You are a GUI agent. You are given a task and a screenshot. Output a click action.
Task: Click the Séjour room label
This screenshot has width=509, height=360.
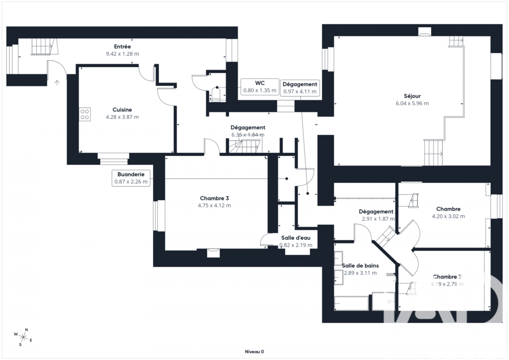coord(412,96)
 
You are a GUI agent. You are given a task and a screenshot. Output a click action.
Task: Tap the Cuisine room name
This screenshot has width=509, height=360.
coord(122,109)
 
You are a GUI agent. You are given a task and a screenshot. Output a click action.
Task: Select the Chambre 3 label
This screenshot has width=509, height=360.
coord(214,198)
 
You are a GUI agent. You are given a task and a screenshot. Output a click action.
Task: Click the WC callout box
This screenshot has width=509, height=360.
coord(260,87)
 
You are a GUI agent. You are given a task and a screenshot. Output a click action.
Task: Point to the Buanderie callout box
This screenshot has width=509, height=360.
coord(131,177)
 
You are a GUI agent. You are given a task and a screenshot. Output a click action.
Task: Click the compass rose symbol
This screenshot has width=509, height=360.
coord(23,336)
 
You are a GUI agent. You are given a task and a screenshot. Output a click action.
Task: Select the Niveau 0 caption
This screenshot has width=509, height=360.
coord(254,351)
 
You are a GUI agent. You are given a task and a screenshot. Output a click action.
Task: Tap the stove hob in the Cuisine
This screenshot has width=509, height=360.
coord(84,115)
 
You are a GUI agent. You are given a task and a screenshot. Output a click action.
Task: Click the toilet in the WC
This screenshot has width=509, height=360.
coord(217,94)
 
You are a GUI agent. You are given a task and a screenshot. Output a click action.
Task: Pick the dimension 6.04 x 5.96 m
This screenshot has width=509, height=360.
coord(412,103)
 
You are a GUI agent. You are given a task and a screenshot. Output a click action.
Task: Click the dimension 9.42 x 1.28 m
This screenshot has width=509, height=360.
coord(122,53)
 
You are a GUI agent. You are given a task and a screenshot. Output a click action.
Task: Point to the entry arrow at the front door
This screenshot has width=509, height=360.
coord(57,81)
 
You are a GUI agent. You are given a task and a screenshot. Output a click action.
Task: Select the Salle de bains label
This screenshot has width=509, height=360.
coord(360,265)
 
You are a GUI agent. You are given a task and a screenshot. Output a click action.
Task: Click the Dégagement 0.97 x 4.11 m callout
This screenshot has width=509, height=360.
coord(300,88)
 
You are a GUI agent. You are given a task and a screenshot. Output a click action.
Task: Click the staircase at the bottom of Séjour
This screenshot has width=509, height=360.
coord(434,152)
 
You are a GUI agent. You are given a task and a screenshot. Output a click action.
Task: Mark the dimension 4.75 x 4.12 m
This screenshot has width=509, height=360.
coord(214,206)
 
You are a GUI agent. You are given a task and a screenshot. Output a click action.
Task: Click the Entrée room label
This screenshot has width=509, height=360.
coord(122,46)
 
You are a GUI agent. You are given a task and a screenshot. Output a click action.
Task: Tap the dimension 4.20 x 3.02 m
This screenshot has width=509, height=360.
coord(448,216)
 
